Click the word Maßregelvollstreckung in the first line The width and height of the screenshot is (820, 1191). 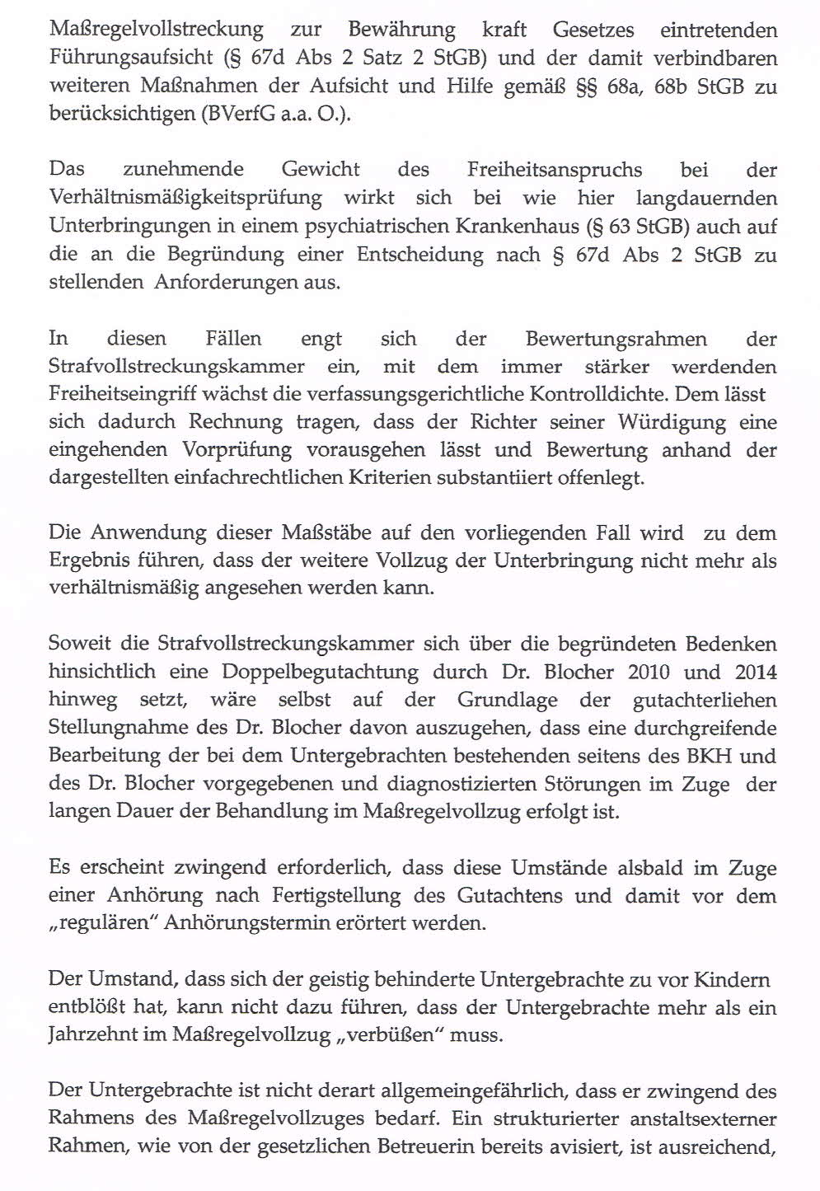(157, 30)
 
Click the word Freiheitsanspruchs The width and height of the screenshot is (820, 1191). (554, 171)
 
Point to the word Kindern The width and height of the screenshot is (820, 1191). (732, 980)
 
